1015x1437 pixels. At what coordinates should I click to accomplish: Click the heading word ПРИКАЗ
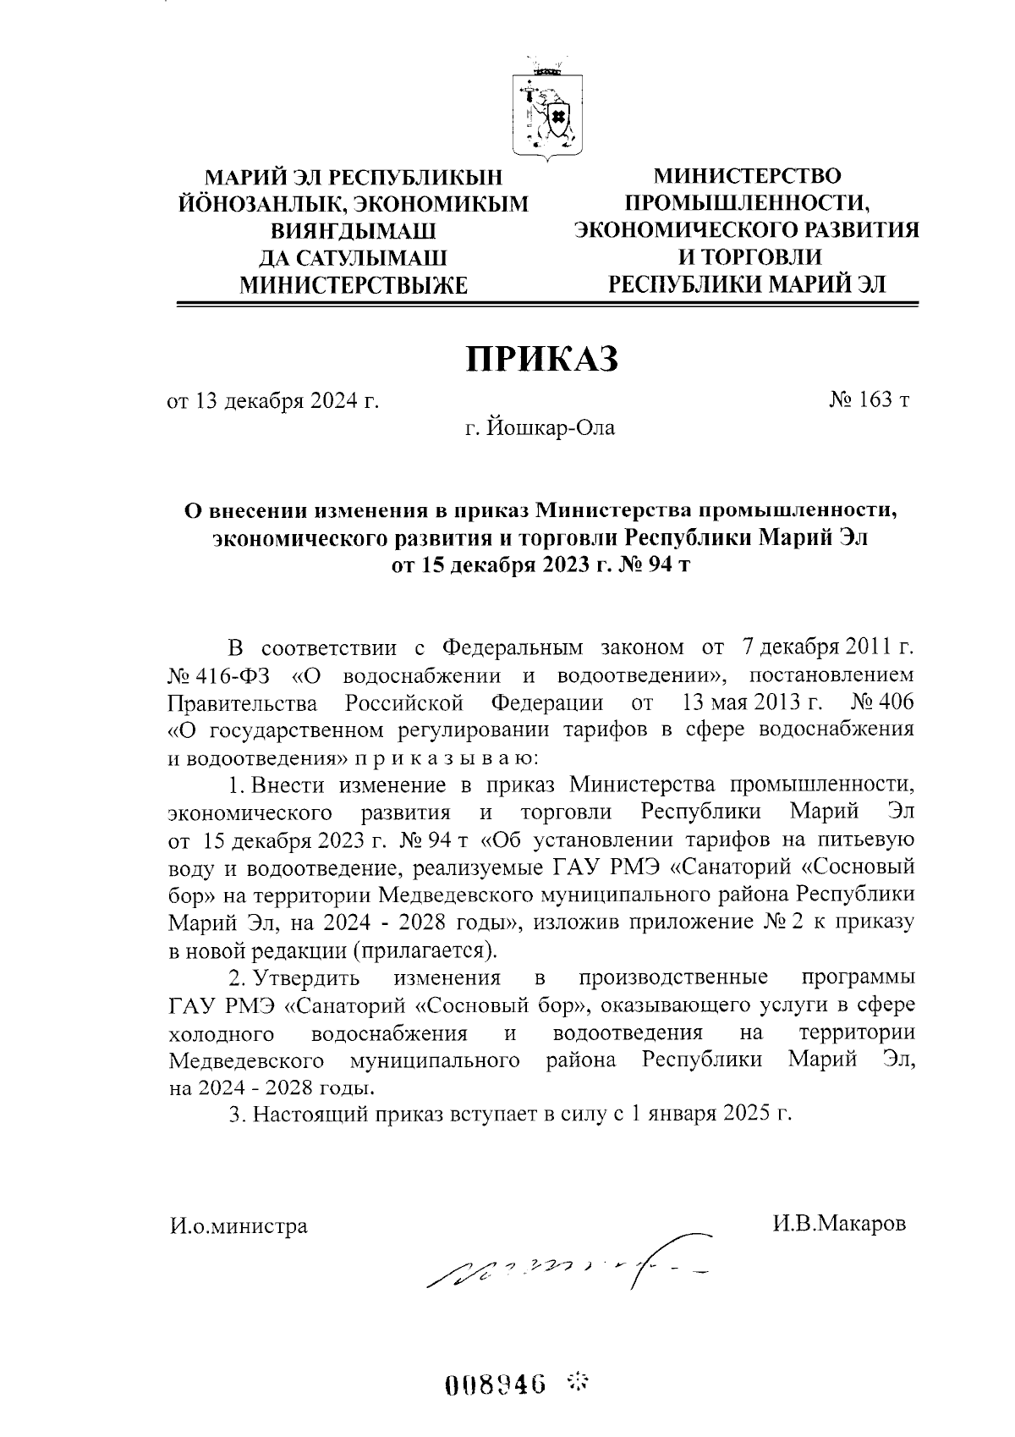pyautogui.click(x=543, y=359)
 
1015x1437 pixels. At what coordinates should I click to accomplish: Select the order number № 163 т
pyautogui.click(x=869, y=400)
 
